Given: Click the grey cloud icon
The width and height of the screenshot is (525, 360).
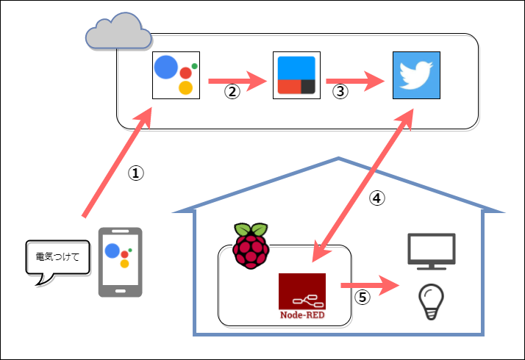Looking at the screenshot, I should click(118, 32).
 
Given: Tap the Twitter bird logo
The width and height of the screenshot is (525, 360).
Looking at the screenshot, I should click(416, 75).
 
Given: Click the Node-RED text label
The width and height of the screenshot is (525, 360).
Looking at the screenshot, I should click(301, 314).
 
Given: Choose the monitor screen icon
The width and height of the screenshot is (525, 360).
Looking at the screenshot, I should click(432, 248).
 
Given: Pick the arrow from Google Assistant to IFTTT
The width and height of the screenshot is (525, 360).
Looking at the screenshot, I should click(237, 81).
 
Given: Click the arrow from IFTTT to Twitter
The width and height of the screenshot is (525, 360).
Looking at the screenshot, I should click(355, 81).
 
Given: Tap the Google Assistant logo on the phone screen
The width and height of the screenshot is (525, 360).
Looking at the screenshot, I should click(118, 255).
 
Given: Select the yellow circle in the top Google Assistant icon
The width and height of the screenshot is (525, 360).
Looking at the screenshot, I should click(185, 88).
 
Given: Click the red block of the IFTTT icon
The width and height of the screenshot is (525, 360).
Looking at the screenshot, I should click(287, 86).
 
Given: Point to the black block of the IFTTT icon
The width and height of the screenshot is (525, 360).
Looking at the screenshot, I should click(307, 86).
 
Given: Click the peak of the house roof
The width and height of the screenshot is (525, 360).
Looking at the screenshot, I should click(338, 158).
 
